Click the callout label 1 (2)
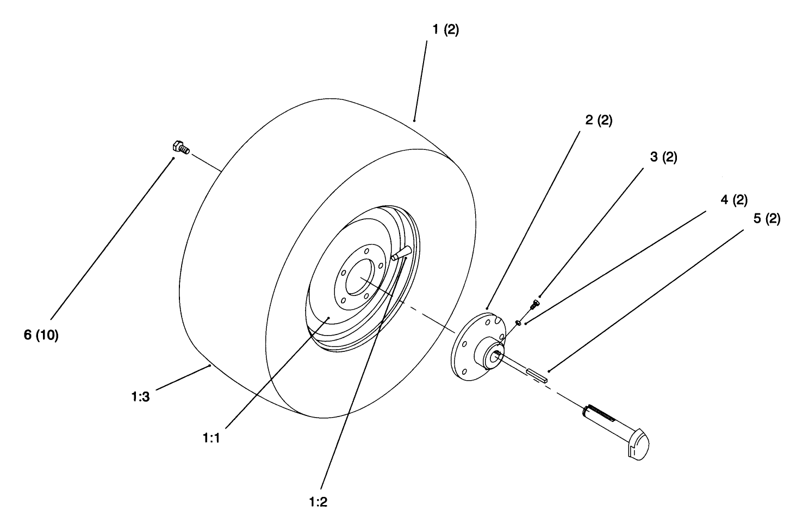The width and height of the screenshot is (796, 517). [x=445, y=30]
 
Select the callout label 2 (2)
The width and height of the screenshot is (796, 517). [x=599, y=121]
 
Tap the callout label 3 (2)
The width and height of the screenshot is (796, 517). [x=663, y=157]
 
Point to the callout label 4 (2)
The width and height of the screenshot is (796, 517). [x=733, y=200]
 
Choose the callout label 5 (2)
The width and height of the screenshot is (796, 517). [x=766, y=219]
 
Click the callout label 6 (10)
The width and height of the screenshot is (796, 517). [x=41, y=335]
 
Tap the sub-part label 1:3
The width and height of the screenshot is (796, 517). [x=140, y=397]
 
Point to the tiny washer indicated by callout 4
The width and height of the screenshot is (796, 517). [x=519, y=324]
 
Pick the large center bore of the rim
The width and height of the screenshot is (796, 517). [x=359, y=278]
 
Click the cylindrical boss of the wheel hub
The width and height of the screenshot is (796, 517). [x=489, y=355]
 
